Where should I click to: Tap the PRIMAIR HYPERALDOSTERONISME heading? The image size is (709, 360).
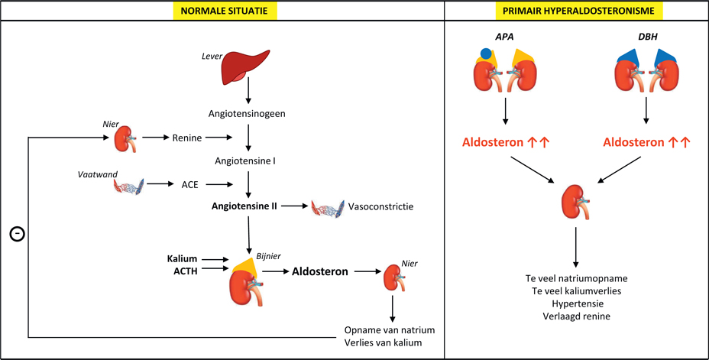(578, 11)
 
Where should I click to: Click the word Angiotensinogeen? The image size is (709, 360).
(247, 113)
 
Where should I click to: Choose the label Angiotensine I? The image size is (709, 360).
(247, 163)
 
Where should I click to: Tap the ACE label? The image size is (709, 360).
(189, 184)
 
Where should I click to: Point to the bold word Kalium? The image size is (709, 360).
(183, 260)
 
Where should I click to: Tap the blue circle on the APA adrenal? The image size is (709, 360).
(484, 54)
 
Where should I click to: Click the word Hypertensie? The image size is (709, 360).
(575, 303)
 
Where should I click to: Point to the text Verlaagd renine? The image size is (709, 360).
(575, 315)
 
